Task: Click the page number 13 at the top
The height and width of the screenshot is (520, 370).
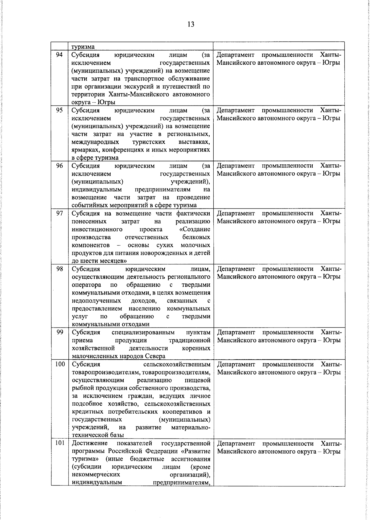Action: [x=191, y=24]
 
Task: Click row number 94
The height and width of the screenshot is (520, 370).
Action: [x=60, y=55]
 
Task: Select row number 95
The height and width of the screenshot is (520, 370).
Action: [x=60, y=110]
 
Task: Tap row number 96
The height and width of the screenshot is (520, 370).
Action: [x=60, y=166]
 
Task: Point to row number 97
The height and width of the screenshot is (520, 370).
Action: [x=60, y=213]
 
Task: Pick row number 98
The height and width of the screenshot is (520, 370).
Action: [x=60, y=269]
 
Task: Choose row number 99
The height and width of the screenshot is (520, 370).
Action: [x=60, y=332]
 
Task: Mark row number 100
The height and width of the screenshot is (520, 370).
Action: [x=60, y=364]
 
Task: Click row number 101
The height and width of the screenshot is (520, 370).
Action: [x=60, y=443]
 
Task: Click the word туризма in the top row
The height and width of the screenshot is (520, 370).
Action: [x=83, y=47]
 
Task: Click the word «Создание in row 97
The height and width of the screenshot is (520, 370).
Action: [x=195, y=229]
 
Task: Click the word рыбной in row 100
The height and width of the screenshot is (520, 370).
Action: [x=81, y=388]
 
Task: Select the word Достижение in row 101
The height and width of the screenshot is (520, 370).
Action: [x=90, y=443]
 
